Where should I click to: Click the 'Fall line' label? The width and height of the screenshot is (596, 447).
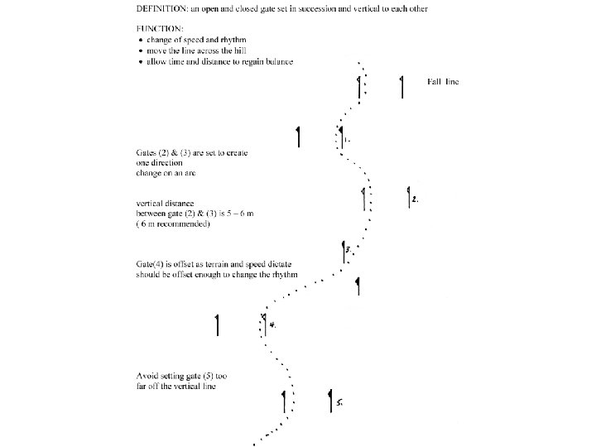tap(444, 81)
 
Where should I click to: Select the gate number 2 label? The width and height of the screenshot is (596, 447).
tap(416, 200)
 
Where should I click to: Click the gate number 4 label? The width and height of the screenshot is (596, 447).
tap(272, 324)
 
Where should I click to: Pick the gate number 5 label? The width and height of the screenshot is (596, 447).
tap(339, 403)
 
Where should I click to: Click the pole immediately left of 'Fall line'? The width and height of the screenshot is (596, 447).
tap(401, 86)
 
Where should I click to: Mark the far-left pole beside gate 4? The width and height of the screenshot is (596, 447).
tap(217, 325)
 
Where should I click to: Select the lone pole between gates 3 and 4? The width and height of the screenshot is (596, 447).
tap(358, 286)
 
